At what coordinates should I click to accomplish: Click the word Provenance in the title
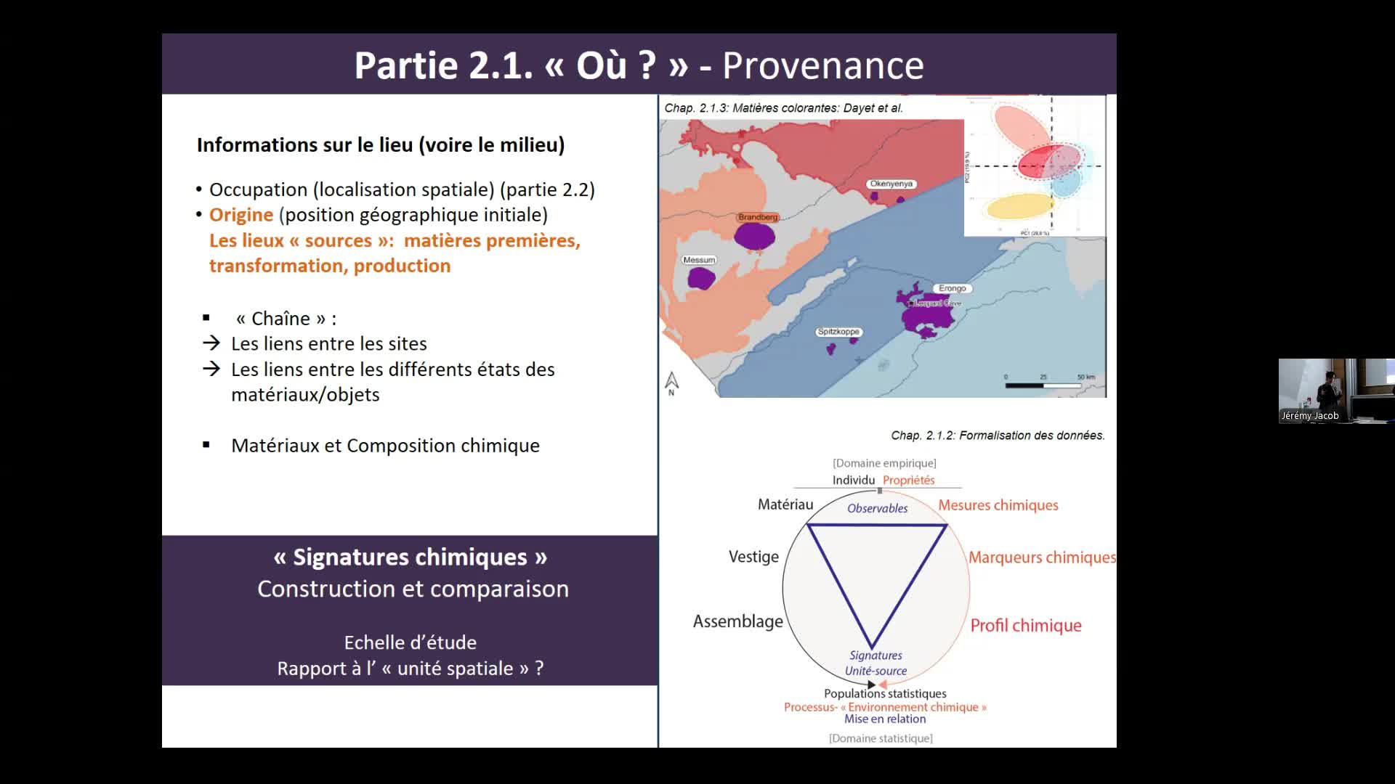pos(822,65)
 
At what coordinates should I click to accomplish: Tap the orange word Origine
pos(241,215)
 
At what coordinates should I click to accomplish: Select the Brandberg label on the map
pos(758,217)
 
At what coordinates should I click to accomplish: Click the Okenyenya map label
pos(891,184)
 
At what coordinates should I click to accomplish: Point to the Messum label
pos(699,260)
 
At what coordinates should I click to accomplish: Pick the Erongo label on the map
pos(952,288)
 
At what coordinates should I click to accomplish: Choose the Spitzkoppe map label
pos(838,332)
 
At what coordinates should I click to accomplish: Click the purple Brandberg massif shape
pos(754,236)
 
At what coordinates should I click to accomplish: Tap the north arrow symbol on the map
pos(671,383)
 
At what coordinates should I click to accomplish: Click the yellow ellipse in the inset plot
pos(1019,205)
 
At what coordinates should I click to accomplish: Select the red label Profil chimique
pos(1026,626)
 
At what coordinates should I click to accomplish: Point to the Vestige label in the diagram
pos(753,557)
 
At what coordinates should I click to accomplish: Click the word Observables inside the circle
pos(877,509)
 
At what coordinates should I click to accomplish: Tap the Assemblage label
pos(737,621)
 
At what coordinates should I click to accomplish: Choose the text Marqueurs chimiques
pos(1042,558)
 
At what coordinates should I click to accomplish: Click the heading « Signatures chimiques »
pos(410,557)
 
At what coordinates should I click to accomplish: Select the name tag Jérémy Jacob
pos(1309,416)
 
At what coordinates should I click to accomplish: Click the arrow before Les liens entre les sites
pos(211,343)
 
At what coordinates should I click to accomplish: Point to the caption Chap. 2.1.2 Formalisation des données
pos(998,436)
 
